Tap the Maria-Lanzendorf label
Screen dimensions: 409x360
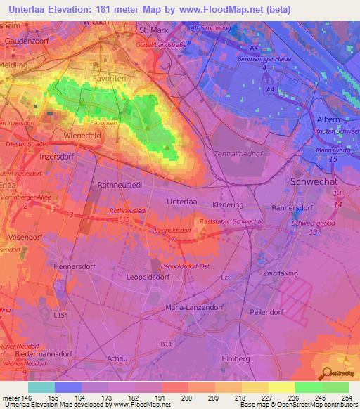coord(193,308)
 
